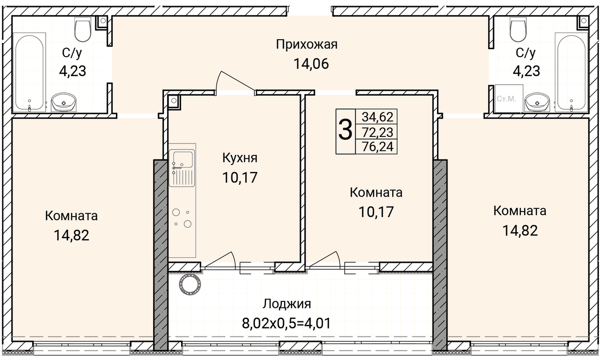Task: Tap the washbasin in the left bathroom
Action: (x=64, y=102)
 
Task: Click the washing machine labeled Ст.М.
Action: (x=509, y=99)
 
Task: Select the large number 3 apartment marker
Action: (x=345, y=130)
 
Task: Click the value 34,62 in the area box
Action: (x=377, y=117)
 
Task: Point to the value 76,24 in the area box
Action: (x=377, y=147)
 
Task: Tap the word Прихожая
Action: (x=307, y=44)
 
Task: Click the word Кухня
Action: (x=240, y=158)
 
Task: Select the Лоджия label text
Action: (x=287, y=304)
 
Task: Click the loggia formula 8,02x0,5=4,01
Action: (x=286, y=323)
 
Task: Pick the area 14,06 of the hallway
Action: (x=311, y=64)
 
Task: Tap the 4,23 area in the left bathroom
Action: (x=72, y=72)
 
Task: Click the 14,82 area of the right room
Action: (x=520, y=231)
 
